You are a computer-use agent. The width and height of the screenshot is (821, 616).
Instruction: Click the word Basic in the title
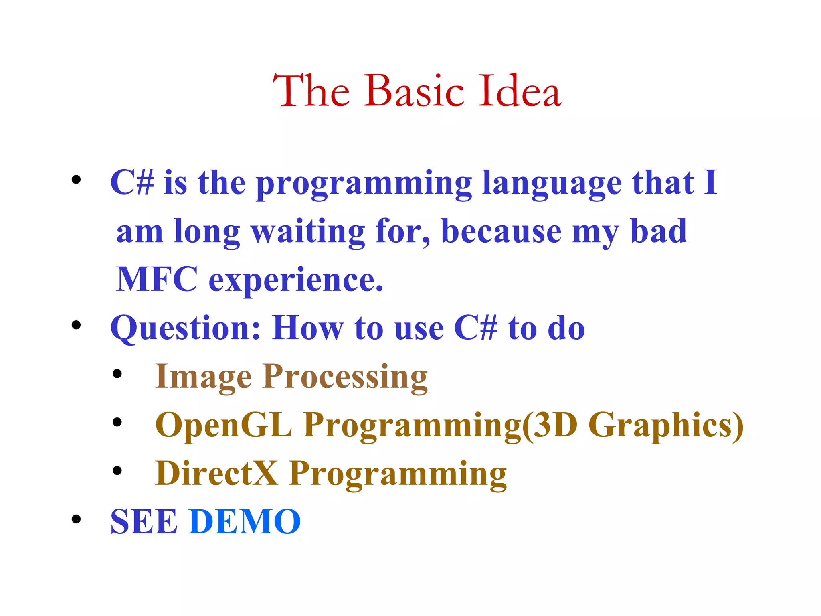pyautogui.click(x=414, y=92)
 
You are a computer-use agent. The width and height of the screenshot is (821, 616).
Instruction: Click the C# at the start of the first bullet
pyautogui.click(x=132, y=183)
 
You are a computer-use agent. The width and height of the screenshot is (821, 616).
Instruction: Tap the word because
pyautogui.click(x=501, y=232)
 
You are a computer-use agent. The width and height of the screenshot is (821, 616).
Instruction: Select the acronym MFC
pyautogui.click(x=157, y=280)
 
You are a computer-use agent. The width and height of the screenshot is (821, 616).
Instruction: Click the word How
pyautogui.click(x=308, y=328)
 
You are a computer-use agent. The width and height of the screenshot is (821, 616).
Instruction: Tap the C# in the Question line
pyautogui.click(x=476, y=328)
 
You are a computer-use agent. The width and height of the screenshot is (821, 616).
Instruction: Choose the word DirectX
pyautogui.click(x=216, y=474)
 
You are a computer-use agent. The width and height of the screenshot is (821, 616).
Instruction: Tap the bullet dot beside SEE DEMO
pyautogui.click(x=76, y=520)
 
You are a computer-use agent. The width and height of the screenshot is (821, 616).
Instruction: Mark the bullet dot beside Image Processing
pyautogui.click(x=117, y=374)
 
